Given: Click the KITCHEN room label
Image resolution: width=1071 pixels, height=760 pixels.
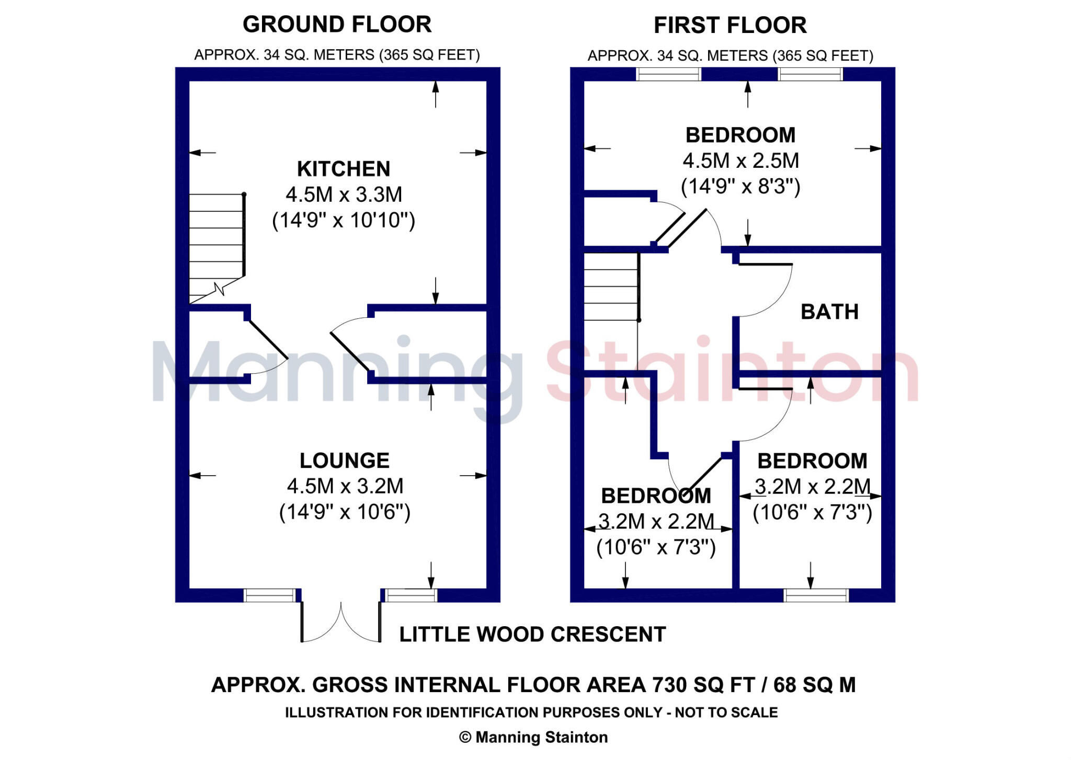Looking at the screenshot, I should [344, 169].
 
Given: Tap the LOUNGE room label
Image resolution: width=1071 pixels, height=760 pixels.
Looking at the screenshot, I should [344, 460].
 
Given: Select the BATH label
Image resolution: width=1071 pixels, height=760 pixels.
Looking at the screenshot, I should [829, 312].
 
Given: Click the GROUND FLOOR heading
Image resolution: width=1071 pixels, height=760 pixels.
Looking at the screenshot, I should [337, 25].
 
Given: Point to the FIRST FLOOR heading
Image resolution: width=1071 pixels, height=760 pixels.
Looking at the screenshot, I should [730, 26].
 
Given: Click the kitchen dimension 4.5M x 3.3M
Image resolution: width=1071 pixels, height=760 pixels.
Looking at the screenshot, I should [344, 194].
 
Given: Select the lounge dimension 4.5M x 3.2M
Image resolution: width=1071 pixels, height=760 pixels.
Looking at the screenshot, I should [345, 486].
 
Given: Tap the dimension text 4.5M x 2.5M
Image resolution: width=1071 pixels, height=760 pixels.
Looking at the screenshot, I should [740, 161].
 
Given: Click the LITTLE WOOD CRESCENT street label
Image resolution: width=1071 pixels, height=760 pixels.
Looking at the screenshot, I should [532, 635].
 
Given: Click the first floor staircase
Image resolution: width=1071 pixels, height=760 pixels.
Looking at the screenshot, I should [611, 287].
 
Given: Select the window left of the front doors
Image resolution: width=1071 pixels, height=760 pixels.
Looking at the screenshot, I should [270, 595].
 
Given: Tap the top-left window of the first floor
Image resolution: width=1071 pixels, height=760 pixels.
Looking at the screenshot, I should [668, 74].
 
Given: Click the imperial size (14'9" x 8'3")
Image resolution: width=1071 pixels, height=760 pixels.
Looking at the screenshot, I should [740, 187].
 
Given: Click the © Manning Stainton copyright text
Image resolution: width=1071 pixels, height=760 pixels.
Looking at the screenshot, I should [533, 738].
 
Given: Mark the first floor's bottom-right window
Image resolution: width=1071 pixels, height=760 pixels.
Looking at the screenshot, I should [816, 595].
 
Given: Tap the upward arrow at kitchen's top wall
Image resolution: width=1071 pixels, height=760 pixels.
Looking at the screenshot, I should [436, 94].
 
